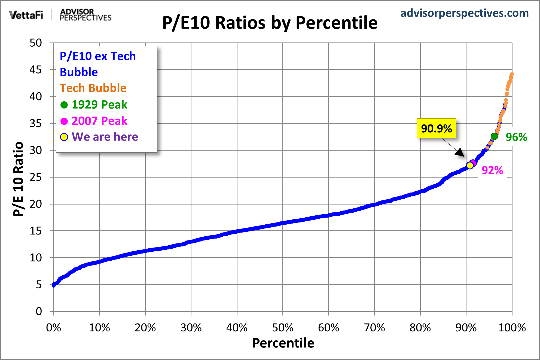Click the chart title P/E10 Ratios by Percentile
[270, 23]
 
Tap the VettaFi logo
[26, 15]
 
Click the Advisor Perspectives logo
[86, 15]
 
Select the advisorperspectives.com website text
[464, 13]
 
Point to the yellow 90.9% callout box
[436, 128]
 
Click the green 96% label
[516, 137]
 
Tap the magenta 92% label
[492, 170]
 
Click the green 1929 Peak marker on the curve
[494, 136]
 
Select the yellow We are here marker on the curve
[470, 165]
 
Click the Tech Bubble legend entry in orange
[93, 88]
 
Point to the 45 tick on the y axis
[36, 70]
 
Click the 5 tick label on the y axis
[39, 285]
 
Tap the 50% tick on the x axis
[283, 328]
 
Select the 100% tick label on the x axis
[512, 328]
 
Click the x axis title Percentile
[283, 343]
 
